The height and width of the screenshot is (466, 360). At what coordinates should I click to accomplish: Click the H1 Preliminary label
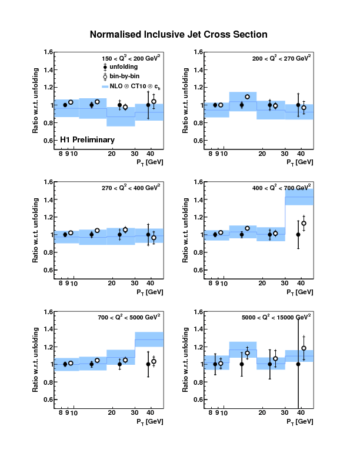point(87,140)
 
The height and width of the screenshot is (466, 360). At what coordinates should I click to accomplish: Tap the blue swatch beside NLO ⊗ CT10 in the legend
point(106,86)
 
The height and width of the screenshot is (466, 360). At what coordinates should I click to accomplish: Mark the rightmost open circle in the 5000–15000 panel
point(304,348)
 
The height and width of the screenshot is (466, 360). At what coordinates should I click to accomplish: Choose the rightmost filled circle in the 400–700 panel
point(298,234)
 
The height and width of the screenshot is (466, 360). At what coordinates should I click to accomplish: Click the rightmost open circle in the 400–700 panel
point(304,224)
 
